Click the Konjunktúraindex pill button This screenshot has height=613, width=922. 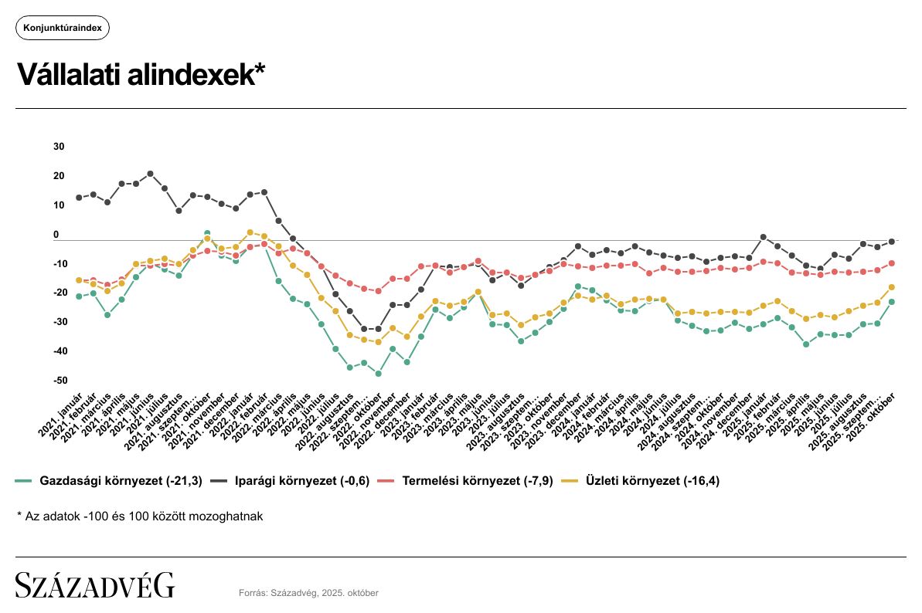(x=63, y=28)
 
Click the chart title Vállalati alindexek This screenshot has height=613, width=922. (x=141, y=75)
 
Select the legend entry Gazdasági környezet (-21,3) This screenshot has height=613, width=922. (x=109, y=481)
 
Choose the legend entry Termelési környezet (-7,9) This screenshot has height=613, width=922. (x=468, y=481)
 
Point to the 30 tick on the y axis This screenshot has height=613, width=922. (x=60, y=147)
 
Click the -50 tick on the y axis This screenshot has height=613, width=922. (x=59, y=381)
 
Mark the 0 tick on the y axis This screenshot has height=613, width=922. (x=56, y=235)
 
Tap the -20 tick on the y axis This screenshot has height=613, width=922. (x=59, y=293)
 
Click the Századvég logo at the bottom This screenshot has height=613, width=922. (x=95, y=585)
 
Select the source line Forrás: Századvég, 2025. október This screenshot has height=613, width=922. (x=308, y=593)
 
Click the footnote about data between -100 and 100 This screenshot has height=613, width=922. (x=140, y=516)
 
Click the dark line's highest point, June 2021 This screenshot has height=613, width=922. (x=150, y=174)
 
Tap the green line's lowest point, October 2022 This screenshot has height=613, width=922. (x=378, y=374)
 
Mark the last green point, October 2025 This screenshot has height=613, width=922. (x=891, y=302)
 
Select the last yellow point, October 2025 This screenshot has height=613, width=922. (x=891, y=287)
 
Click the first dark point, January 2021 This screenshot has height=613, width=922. (x=79, y=198)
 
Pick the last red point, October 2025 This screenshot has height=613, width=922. (x=891, y=263)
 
